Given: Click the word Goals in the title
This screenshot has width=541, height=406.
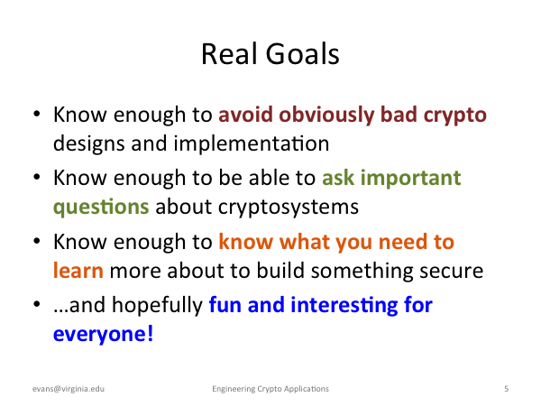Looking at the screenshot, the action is (x=303, y=54).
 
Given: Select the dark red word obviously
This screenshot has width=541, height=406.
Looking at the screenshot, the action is (x=326, y=115).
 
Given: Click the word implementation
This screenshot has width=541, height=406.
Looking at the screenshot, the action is (x=252, y=143).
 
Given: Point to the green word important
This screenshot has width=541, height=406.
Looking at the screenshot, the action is (x=410, y=179).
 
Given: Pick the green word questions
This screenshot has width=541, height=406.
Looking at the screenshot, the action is (x=101, y=208).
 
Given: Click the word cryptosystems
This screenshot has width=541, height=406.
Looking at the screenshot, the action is (x=289, y=208).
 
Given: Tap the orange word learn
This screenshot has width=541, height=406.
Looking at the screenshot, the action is (x=78, y=270).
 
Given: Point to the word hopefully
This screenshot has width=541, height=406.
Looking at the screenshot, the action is (x=157, y=306).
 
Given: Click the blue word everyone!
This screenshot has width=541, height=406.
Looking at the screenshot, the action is (x=103, y=334).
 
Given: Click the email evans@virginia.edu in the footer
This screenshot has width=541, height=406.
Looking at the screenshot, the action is (x=69, y=389).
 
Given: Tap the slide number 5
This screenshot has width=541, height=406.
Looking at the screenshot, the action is (x=506, y=389).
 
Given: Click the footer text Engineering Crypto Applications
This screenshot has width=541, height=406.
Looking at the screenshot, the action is (x=270, y=389).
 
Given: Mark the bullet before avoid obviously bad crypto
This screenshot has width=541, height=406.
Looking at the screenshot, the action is (x=37, y=114).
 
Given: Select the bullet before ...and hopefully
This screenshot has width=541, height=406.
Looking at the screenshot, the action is (x=37, y=304).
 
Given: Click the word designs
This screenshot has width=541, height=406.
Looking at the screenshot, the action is (x=88, y=144).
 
